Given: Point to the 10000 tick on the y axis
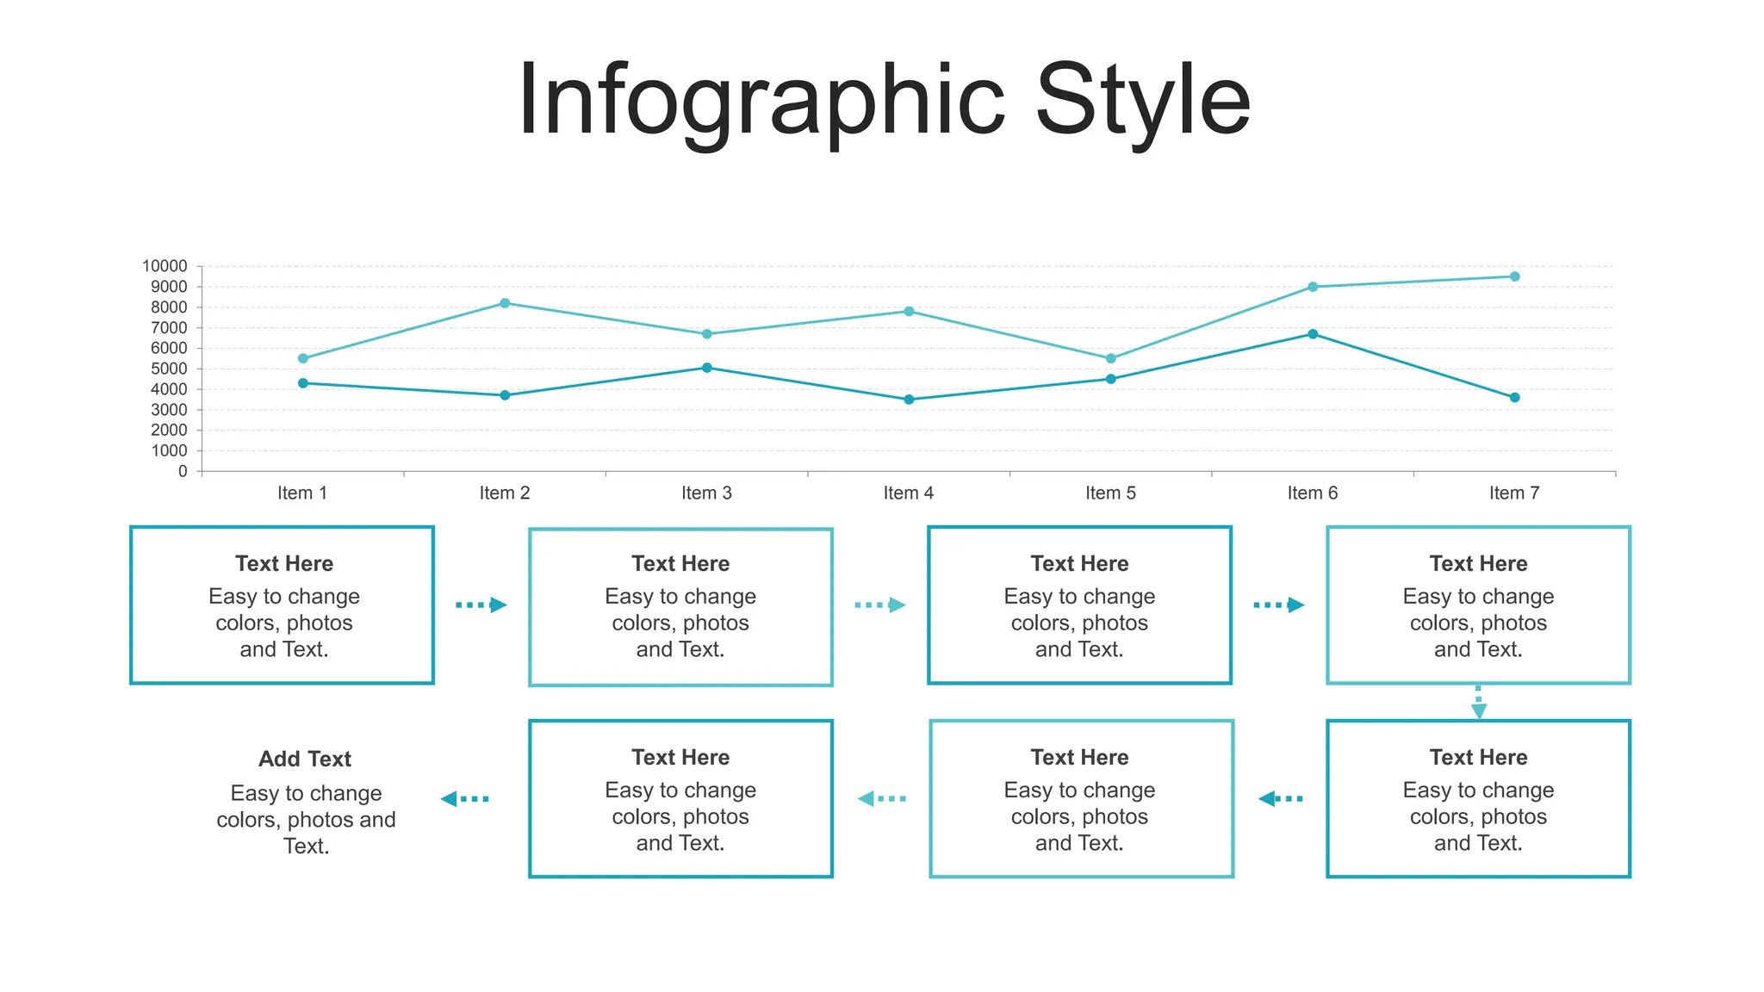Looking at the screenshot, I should (x=165, y=266).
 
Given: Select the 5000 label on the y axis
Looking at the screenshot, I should (x=169, y=369).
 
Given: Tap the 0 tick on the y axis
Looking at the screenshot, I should (x=183, y=471).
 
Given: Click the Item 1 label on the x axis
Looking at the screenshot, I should (x=302, y=493).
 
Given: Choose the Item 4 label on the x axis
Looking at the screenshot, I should (x=909, y=493).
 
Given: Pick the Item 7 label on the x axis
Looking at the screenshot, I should (x=1514, y=493).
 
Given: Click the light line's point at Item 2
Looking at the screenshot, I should (x=505, y=303).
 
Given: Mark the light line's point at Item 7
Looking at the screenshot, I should (x=1515, y=276).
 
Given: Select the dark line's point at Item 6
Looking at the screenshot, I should (x=1313, y=334).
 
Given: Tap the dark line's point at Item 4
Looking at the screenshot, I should (x=909, y=400).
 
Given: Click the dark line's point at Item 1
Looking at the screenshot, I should (x=303, y=383).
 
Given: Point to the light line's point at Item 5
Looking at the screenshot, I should (x=1111, y=358).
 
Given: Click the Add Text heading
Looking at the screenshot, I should (x=305, y=759).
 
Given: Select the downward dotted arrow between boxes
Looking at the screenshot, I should (x=1479, y=702).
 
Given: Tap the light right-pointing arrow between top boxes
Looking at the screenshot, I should (x=880, y=605).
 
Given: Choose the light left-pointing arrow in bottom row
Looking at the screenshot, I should (x=882, y=799).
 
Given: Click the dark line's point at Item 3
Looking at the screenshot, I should (x=707, y=368).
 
